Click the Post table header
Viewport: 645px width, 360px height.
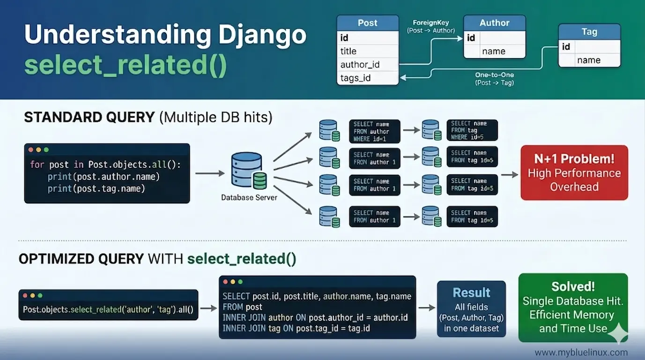click(x=368, y=23)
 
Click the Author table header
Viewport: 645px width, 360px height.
click(x=494, y=23)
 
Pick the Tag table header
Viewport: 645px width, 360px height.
click(x=589, y=32)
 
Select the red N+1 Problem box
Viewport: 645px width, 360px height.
click(x=574, y=172)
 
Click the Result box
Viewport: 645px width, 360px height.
click(x=471, y=309)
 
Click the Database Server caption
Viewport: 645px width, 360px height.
click(x=249, y=197)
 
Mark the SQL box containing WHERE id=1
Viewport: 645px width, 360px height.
click(x=374, y=131)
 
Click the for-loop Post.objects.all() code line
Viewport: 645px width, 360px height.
click(x=105, y=165)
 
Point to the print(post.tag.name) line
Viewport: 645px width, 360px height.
click(x=96, y=188)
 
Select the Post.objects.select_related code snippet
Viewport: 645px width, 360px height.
click(x=108, y=310)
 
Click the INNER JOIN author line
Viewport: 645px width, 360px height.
click(x=315, y=317)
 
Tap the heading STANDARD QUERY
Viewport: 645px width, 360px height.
click(x=89, y=117)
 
